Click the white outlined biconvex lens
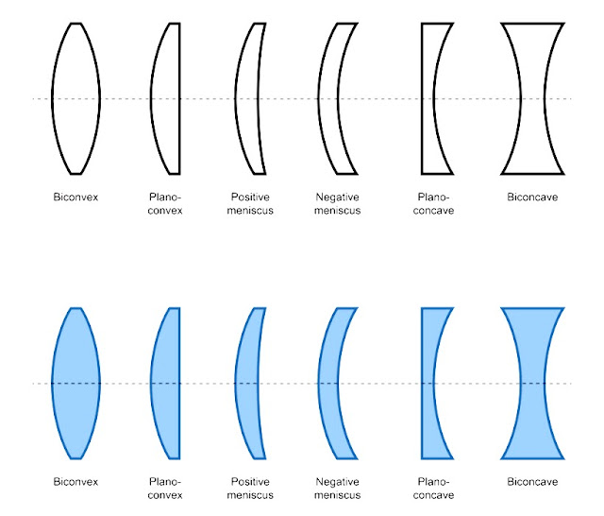pyautogui.click(x=76, y=98)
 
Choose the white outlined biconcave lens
pyautogui.click(x=533, y=98)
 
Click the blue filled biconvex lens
pyautogui.click(x=76, y=383)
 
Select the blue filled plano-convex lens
pyautogui.click(x=168, y=383)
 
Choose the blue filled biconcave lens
pyautogui.click(x=533, y=383)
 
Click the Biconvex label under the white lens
pyautogui.click(x=76, y=198)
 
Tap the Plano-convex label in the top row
pyautogui.click(x=165, y=204)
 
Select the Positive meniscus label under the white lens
pyautogui.click(x=253, y=204)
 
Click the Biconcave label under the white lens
pyautogui.click(x=533, y=198)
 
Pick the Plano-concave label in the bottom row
pyautogui.click(x=435, y=489)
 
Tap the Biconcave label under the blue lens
pyautogui.click(x=533, y=482)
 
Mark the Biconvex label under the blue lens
pyautogui.click(x=76, y=482)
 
